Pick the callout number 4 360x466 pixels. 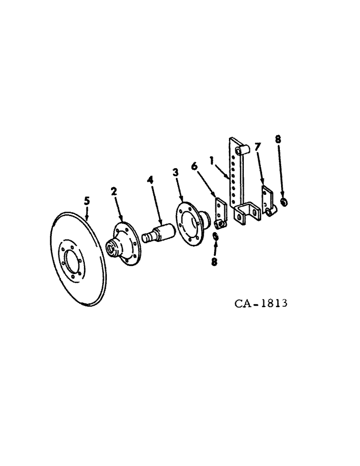click(151, 179)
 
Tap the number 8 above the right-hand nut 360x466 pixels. click(278, 138)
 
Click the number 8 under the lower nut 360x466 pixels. click(214, 262)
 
